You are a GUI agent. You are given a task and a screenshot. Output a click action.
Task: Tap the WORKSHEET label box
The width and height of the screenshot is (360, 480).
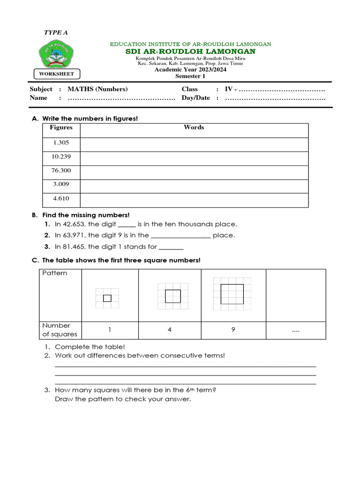[x=56, y=74]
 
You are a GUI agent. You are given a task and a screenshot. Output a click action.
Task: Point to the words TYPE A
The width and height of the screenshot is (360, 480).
[x=56, y=32]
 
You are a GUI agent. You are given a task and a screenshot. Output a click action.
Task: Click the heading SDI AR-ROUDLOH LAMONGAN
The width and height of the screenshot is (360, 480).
[x=190, y=51]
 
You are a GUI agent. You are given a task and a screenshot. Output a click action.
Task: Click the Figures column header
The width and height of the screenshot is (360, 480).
[x=61, y=127]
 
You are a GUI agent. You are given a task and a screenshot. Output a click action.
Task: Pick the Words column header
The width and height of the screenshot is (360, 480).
[x=194, y=127]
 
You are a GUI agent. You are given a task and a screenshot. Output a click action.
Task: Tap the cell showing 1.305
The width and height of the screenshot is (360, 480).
[x=61, y=143]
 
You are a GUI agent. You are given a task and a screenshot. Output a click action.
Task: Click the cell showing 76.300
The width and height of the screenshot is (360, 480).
[x=61, y=171]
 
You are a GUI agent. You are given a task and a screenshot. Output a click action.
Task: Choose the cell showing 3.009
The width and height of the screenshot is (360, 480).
[x=61, y=185]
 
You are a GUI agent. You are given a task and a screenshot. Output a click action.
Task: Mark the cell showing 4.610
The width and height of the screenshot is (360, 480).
[x=61, y=199]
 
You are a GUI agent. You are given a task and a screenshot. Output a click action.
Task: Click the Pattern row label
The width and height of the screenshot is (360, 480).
[x=55, y=273]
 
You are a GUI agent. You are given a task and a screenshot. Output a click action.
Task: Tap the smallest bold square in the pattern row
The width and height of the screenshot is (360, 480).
[x=107, y=298]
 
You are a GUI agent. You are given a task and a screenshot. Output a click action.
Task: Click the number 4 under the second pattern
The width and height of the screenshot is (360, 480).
[x=170, y=330]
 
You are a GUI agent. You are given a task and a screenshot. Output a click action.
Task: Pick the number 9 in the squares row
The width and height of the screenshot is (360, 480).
[x=233, y=330]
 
